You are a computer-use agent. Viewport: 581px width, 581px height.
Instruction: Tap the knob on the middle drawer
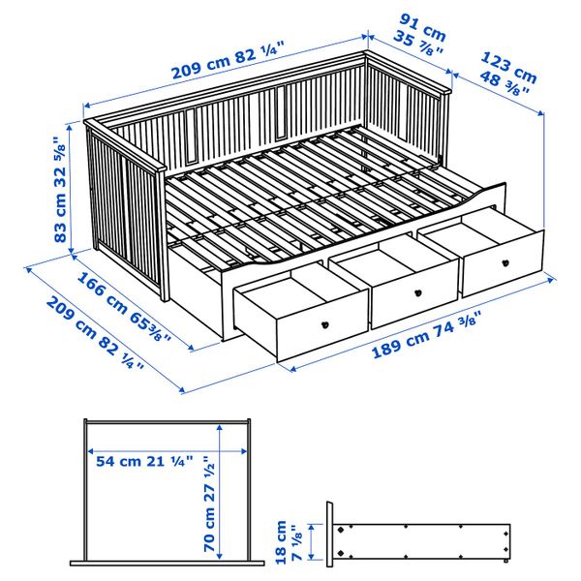click(419, 292)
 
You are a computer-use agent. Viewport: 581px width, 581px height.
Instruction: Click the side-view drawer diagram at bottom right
click(420, 538)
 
